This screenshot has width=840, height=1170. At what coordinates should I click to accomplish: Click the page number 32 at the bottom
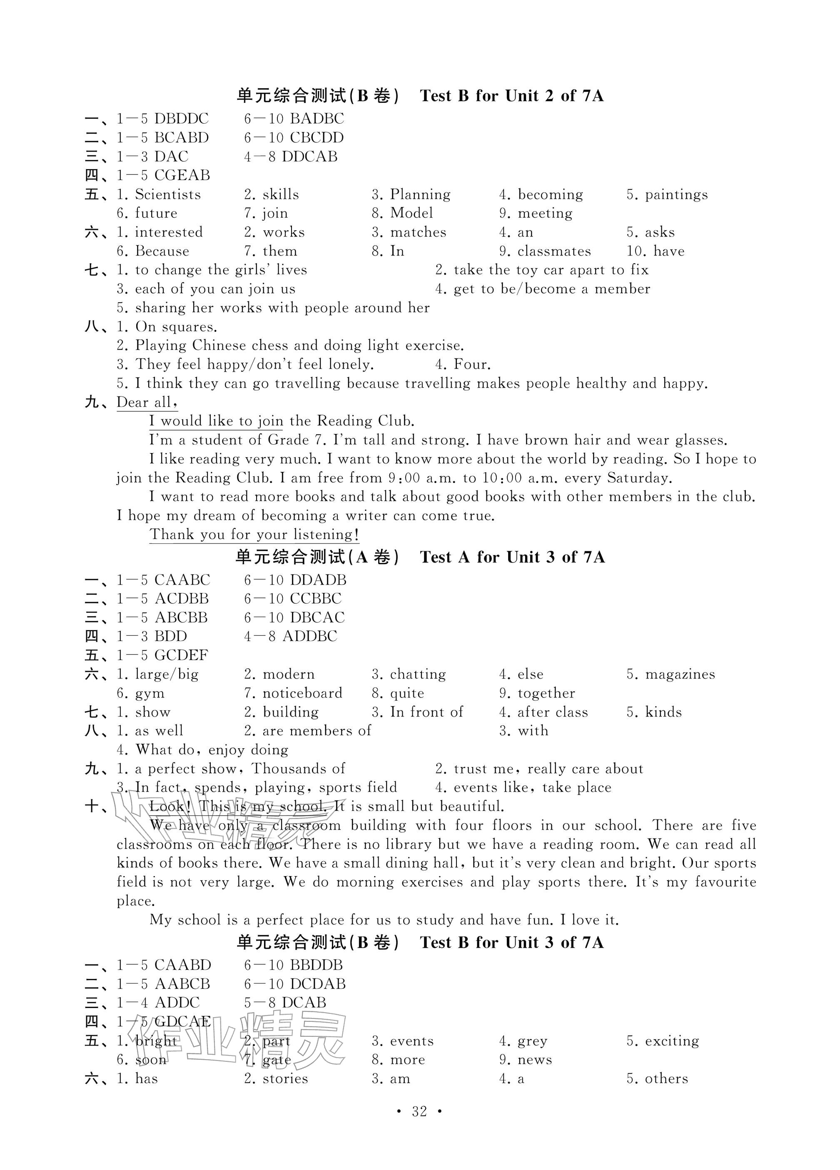point(419,1111)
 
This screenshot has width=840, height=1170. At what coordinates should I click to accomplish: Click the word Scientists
point(168,194)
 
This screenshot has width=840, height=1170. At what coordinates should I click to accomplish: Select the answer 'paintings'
point(676,194)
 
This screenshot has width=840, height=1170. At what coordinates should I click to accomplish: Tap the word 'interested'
point(169,232)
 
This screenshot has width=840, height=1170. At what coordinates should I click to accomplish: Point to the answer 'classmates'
point(554,251)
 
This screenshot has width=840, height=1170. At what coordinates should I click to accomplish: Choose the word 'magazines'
point(680,674)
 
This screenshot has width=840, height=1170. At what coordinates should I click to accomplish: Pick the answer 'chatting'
point(418,674)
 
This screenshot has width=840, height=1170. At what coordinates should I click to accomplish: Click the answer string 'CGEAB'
point(182,175)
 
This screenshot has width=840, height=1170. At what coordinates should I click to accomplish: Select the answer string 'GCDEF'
point(181,655)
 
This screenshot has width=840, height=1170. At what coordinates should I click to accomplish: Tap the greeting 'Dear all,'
point(147,402)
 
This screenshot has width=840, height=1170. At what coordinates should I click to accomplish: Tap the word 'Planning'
point(420,194)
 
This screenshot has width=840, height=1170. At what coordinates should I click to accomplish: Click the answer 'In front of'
point(426,712)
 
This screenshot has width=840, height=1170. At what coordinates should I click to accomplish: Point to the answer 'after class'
point(553,712)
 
